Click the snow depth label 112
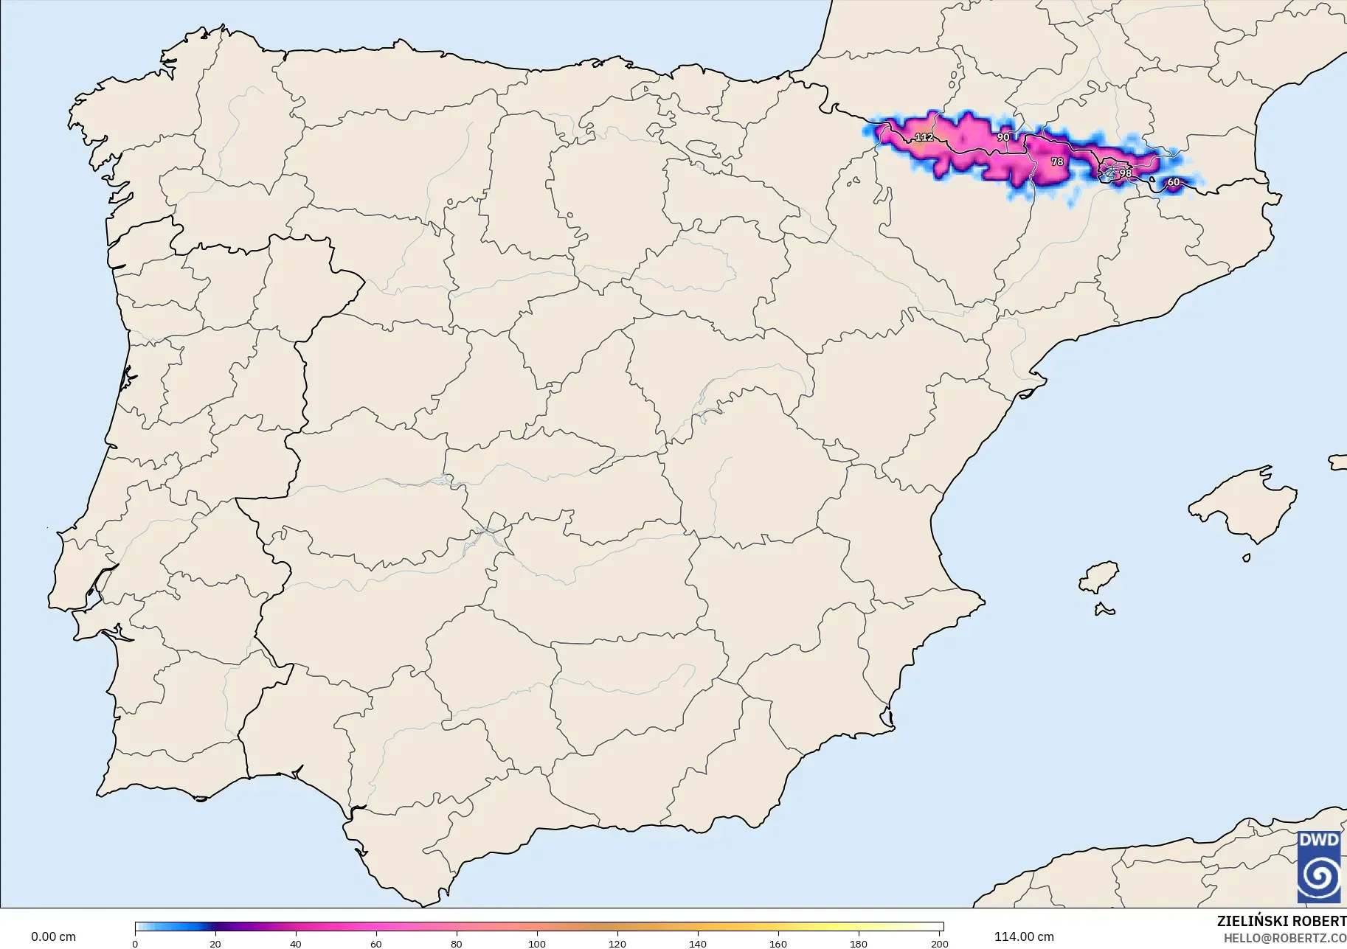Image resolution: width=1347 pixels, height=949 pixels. pos(924,137)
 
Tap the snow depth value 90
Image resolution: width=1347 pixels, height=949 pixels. pos(1003,137)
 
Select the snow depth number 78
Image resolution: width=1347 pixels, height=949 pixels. pos(1057,161)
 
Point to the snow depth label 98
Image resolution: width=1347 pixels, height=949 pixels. pos(1125,173)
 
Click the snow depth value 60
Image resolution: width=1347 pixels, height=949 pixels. pos(1173,182)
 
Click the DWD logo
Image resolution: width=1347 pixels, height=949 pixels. pos(1319,867)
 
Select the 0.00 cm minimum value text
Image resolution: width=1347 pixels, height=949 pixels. pos(53,936)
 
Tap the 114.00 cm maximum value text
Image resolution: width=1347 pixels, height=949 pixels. pos(1024,936)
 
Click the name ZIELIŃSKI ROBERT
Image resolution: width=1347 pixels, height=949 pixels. pos(1281,922)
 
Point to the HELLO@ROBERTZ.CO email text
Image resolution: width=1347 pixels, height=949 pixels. pos(1285,938)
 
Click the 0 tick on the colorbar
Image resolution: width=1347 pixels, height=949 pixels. pos(135,944)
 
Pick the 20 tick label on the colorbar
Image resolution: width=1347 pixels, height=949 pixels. pos(215,944)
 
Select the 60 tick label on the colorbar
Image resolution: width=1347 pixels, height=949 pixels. pos(376,944)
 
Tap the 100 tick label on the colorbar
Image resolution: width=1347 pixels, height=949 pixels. pos(537,944)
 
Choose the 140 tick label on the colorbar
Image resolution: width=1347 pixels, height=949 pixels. pos(698,944)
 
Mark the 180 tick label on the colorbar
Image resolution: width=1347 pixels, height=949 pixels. pos(859,944)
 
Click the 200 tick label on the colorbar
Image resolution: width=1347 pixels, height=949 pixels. pos(939,944)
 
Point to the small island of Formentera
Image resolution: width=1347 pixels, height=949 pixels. pos(1104,610)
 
